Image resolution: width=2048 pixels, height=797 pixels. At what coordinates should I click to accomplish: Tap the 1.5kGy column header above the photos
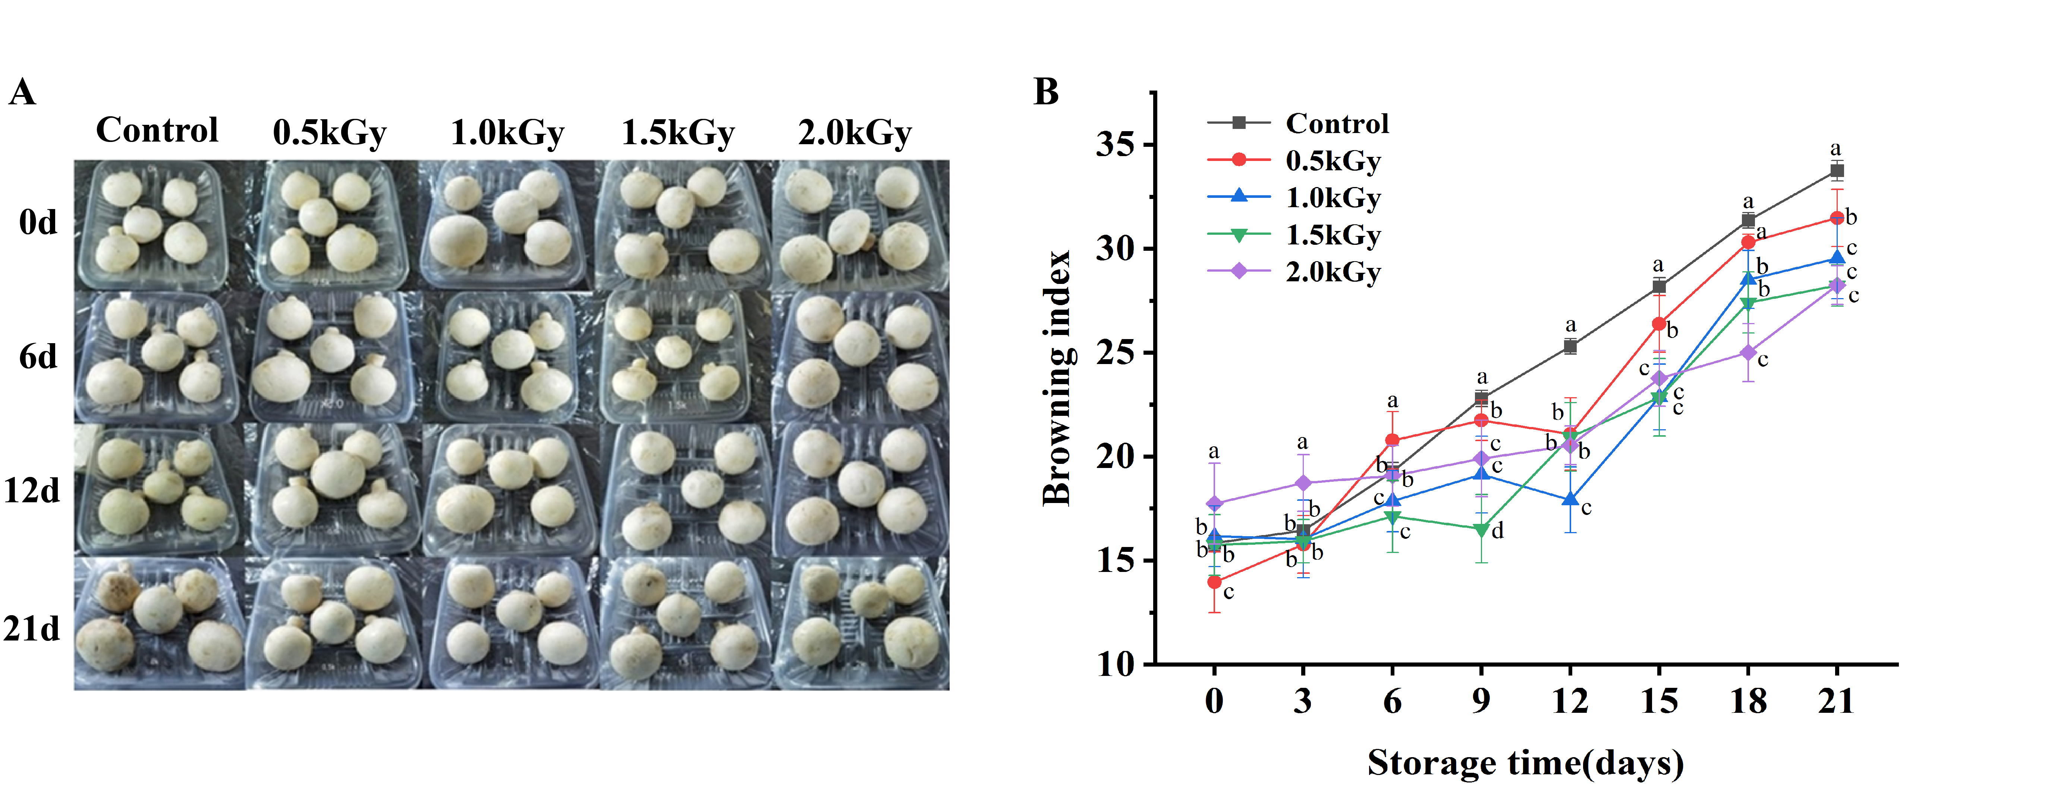[x=677, y=133]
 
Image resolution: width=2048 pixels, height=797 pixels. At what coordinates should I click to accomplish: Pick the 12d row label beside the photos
[x=32, y=491]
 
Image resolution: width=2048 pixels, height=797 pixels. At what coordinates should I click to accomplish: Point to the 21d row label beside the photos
[x=32, y=629]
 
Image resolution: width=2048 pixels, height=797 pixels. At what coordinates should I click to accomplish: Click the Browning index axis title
[x=1057, y=378]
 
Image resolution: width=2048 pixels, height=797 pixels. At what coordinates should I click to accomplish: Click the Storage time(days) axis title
[x=1525, y=763]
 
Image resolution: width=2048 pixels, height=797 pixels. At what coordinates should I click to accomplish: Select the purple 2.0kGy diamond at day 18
[x=1747, y=352]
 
